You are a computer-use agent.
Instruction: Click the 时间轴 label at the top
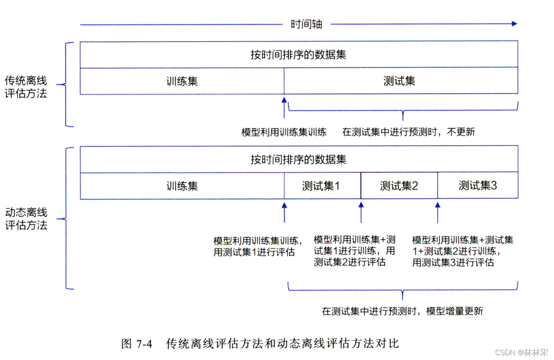point(306,24)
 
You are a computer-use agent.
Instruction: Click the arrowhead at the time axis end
point(514,24)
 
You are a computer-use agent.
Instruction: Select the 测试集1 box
point(322,186)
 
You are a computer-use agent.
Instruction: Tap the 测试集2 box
point(399,186)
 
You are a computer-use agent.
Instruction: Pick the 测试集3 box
point(478,186)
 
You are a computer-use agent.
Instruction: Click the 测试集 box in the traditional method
point(399,81)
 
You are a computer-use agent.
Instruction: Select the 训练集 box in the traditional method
point(182,81)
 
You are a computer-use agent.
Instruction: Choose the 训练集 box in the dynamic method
point(182,186)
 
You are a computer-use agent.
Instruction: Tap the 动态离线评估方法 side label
point(26,218)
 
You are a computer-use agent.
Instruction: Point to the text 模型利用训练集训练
point(284,132)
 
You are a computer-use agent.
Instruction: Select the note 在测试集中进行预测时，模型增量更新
point(402,311)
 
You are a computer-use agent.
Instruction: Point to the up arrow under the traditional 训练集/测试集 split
point(284,107)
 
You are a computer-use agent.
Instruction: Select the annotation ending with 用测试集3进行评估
point(463,251)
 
